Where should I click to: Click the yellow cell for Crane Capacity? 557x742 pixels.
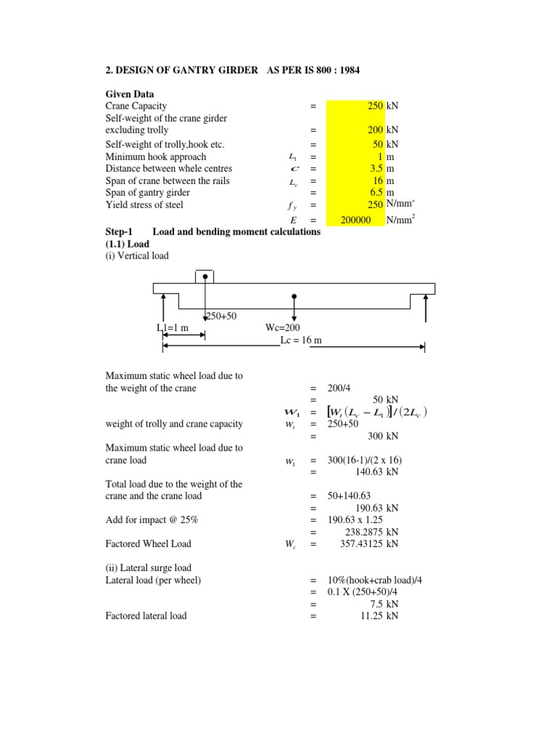[x=355, y=106]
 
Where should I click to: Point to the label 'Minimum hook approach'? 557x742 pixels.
[x=156, y=157]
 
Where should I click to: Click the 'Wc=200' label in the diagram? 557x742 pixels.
[x=283, y=328]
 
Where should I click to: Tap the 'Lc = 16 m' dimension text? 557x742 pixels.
[x=305, y=340]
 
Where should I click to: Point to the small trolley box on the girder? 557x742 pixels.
[x=205, y=277]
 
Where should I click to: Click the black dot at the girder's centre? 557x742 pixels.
[x=294, y=296]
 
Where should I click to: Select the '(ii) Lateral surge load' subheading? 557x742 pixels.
[x=149, y=568]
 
